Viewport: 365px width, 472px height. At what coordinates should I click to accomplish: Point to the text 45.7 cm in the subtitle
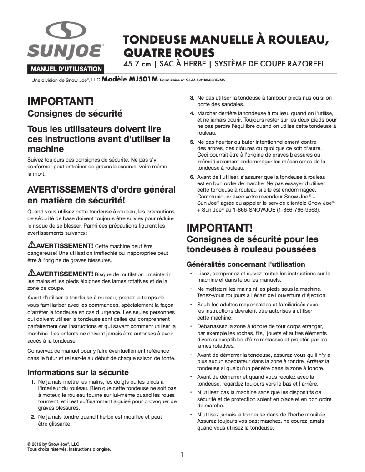[x=137, y=63]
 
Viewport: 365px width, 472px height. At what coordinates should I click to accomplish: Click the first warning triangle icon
[x=32, y=245]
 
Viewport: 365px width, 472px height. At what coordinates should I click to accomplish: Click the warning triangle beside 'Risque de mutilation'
[x=32, y=274]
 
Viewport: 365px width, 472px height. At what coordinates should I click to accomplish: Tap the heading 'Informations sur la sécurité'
[x=78, y=372]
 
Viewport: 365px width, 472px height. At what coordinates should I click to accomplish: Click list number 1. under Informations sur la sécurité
[x=34, y=382]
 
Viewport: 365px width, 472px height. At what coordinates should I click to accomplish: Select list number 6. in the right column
[x=193, y=177]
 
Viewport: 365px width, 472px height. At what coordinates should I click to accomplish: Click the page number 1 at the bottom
[x=182, y=454]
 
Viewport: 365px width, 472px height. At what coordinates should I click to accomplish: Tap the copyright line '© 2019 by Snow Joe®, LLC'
[x=53, y=443]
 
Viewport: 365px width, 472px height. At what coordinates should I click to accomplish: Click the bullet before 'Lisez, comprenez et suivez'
[x=191, y=274]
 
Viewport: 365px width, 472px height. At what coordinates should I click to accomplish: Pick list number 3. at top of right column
[x=193, y=98]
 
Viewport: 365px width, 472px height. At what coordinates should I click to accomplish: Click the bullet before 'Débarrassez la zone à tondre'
[x=191, y=326]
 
